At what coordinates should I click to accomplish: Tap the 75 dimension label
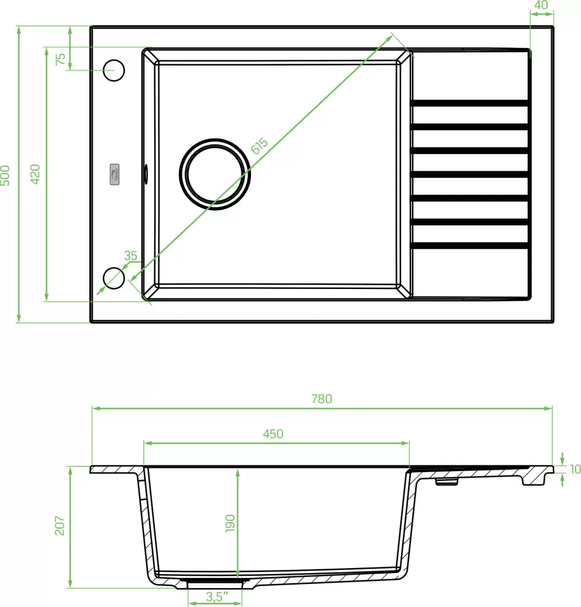tap(60, 59)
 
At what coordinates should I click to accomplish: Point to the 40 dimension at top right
tap(541, 5)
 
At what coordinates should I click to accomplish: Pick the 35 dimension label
tap(130, 256)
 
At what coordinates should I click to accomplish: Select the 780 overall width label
tap(321, 399)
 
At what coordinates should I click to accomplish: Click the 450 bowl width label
tap(273, 433)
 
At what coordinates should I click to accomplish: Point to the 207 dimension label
tap(60, 526)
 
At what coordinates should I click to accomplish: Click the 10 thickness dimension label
tap(576, 469)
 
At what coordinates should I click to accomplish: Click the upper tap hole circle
tap(114, 70)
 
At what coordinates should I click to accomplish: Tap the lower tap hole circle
tap(114, 278)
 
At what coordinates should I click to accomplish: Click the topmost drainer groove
tap(469, 103)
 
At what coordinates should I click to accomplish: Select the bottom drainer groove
tap(469, 246)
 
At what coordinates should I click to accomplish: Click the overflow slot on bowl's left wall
tap(145, 173)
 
